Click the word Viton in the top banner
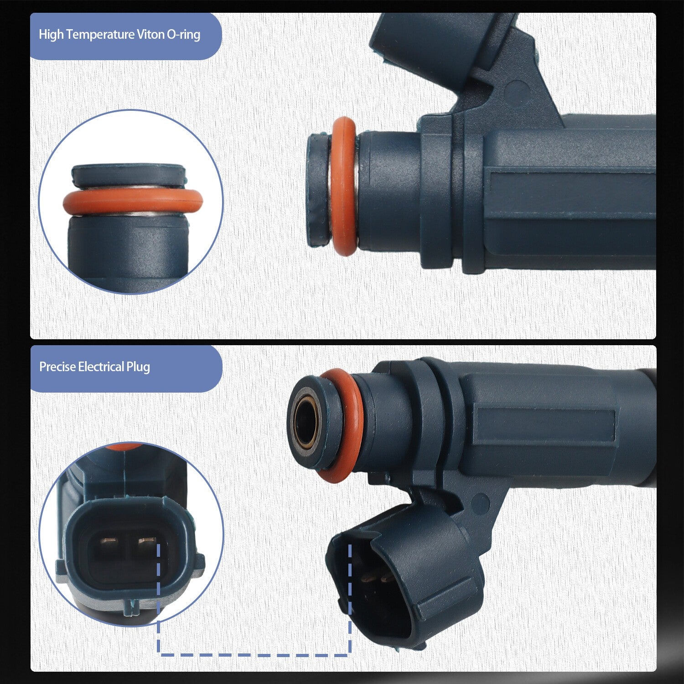tap(150, 35)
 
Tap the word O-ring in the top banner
tap(183, 35)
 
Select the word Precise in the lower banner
tap(57, 367)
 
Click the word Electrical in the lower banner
tap(101, 367)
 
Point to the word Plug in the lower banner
tap(138, 368)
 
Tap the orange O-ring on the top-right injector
tap(344, 186)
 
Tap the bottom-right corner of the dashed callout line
tap(350, 654)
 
